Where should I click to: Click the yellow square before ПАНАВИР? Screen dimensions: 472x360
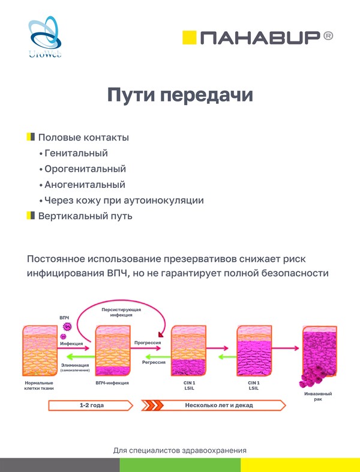click(x=189, y=37)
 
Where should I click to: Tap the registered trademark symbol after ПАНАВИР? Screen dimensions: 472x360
click(x=328, y=37)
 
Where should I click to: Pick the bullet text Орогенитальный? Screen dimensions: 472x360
click(x=85, y=169)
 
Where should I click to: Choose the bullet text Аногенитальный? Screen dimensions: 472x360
click(x=85, y=185)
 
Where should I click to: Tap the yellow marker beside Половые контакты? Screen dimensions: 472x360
click(x=31, y=138)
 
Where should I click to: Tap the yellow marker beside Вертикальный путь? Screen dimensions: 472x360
click(x=31, y=216)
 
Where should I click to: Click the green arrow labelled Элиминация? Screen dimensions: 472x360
click(x=75, y=357)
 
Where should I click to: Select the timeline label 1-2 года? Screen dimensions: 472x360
click(x=90, y=405)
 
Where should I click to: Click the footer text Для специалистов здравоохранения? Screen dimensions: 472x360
click(x=180, y=450)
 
